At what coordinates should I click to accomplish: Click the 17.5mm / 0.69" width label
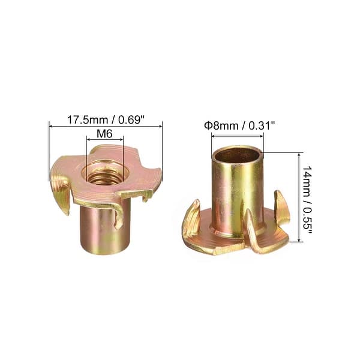[106, 119]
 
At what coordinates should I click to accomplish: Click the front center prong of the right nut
[252, 231]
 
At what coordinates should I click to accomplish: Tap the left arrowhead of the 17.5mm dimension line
[51, 126]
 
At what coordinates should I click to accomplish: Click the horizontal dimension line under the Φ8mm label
[237, 136]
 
